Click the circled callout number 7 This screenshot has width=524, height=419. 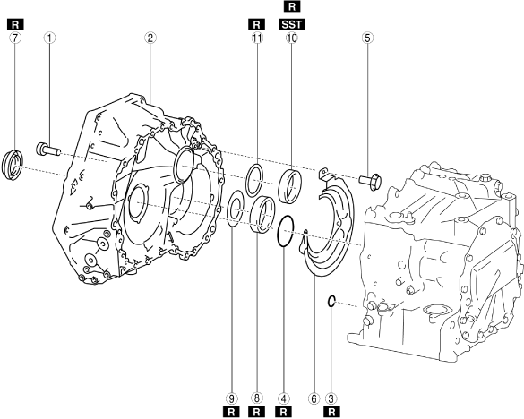(15, 38)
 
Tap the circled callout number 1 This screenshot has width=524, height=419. (49, 38)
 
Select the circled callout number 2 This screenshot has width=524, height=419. (150, 38)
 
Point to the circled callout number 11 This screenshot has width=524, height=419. (257, 38)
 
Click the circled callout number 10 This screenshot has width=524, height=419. (291, 38)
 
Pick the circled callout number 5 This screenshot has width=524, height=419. (367, 38)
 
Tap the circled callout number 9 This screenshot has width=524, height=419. (231, 398)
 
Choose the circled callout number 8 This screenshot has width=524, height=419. (257, 398)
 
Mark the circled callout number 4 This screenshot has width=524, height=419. (283, 398)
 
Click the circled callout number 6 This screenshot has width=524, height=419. (314, 398)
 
